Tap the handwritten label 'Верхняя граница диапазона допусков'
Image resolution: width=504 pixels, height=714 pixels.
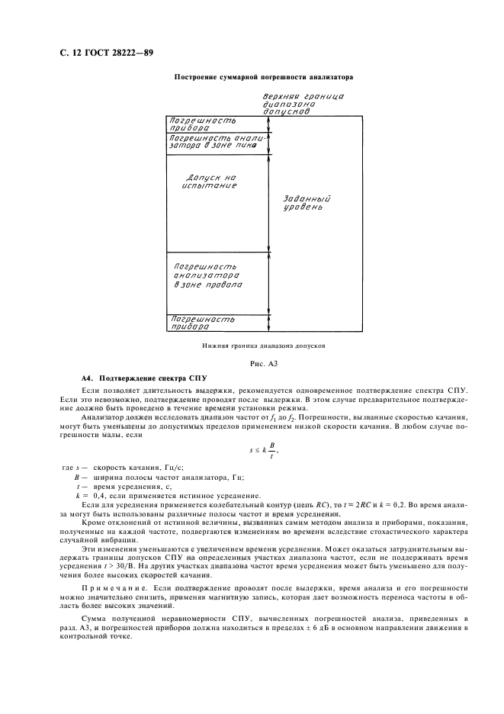pos(303,104)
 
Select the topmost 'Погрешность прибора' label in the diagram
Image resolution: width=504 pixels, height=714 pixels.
pos(202,124)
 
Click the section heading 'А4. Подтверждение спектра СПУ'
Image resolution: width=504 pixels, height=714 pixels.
pos(144,379)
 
